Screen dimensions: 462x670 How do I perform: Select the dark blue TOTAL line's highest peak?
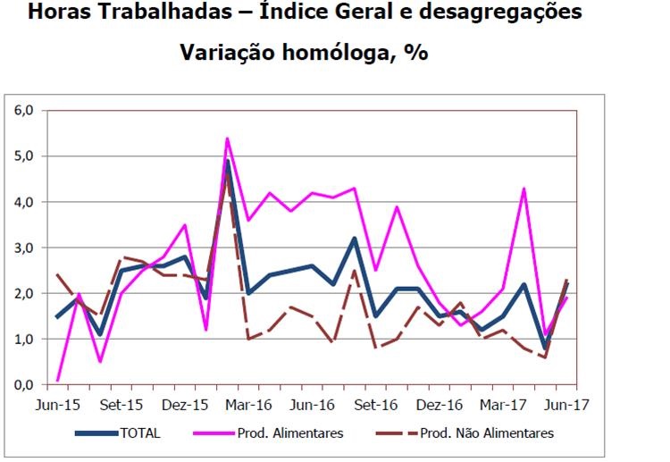coord(228,162)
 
